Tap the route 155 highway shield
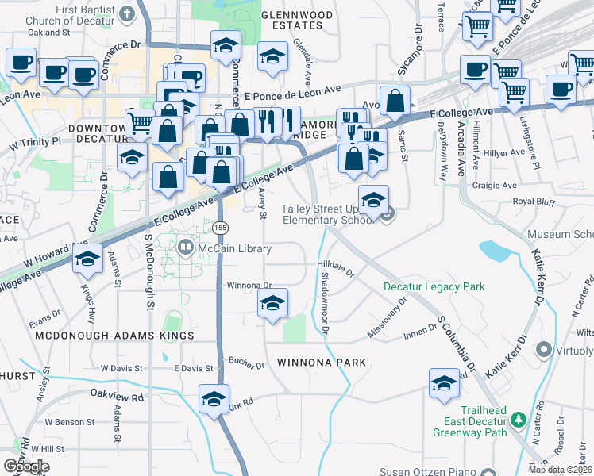pos(221,228)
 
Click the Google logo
pos(26,466)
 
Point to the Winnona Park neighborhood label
pos(322,363)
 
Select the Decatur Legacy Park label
pos(434,286)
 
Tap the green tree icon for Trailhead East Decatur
pos(519,418)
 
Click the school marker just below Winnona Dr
pos(272,304)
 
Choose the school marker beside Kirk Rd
pos(214,400)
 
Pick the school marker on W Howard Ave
pos(87,259)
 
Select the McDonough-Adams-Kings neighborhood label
pos(114,336)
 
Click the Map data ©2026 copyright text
pos(561,470)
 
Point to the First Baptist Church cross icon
pos(128,13)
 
